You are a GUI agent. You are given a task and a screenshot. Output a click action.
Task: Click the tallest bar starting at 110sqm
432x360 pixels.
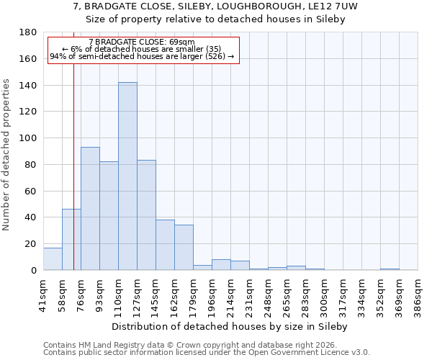(x=127, y=176)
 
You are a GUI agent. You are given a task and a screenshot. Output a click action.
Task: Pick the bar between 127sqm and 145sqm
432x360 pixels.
(x=146, y=215)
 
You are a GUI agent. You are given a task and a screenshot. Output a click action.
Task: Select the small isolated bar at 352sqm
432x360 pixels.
(x=390, y=269)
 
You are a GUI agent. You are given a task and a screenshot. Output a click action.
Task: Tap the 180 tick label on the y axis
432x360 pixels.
(x=28, y=32)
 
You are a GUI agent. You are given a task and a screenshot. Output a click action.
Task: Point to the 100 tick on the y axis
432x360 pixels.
(x=28, y=138)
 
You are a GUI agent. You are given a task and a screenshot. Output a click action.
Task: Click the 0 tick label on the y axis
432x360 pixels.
(x=33, y=271)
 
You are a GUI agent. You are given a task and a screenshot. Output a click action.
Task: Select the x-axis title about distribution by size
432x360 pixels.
(x=230, y=326)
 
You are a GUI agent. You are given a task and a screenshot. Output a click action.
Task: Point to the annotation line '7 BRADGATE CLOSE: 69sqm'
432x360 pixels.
(x=142, y=42)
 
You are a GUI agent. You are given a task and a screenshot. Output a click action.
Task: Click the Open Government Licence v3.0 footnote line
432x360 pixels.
(x=207, y=353)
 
